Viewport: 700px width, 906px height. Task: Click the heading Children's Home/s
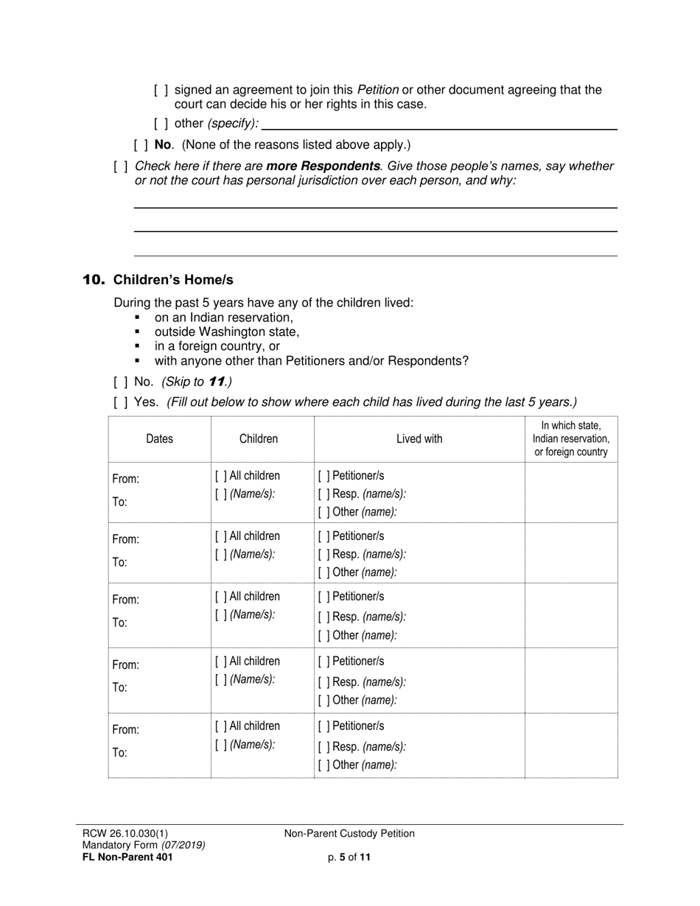[x=173, y=280]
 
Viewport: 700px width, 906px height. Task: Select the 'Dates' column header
[x=159, y=439]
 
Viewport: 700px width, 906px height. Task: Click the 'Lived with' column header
[x=419, y=439]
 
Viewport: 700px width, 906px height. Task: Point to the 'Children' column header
[x=259, y=439]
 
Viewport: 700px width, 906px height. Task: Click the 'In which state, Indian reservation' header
[x=571, y=439]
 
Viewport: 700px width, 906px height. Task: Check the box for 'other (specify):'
[x=161, y=124]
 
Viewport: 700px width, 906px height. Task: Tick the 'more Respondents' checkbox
[x=121, y=166]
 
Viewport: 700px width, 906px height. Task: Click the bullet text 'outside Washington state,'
[x=227, y=332]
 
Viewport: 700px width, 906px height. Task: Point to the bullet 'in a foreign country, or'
[x=217, y=346]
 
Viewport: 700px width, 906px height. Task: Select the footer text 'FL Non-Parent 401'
[x=127, y=857]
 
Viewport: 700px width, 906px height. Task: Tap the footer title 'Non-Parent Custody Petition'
[x=349, y=834]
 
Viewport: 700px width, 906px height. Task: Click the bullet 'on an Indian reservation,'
[x=224, y=317]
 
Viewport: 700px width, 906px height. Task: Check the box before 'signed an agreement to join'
[x=161, y=91]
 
